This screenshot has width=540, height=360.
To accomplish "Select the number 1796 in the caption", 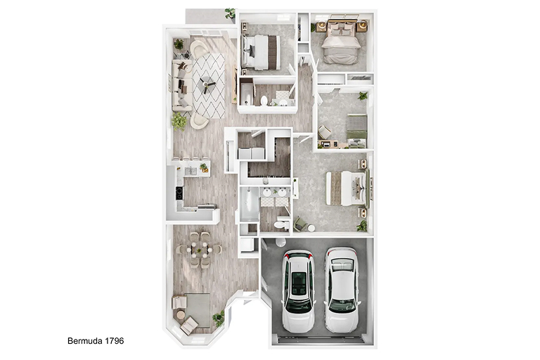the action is click(115, 341).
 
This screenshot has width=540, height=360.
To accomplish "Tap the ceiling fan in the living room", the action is click(207, 84).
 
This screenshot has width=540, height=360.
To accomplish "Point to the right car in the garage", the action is click(342, 290).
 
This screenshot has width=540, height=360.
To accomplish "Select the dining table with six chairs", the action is click(200, 250).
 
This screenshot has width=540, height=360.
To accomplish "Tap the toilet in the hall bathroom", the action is click(264, 101).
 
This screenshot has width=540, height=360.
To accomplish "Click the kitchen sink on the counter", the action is click(190, 172).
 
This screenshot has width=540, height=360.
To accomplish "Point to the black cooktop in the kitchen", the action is click(179, 193).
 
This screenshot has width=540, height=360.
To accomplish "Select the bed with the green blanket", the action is click(357, 131).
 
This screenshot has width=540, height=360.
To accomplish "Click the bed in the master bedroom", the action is click(347, 188).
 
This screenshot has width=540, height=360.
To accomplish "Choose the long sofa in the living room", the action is click(181, 85).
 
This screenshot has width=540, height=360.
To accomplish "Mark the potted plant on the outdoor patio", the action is click(230, 14).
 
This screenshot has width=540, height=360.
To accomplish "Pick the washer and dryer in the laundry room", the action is click(251, 153).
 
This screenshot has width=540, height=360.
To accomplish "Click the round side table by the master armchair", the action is click(311, 228).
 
